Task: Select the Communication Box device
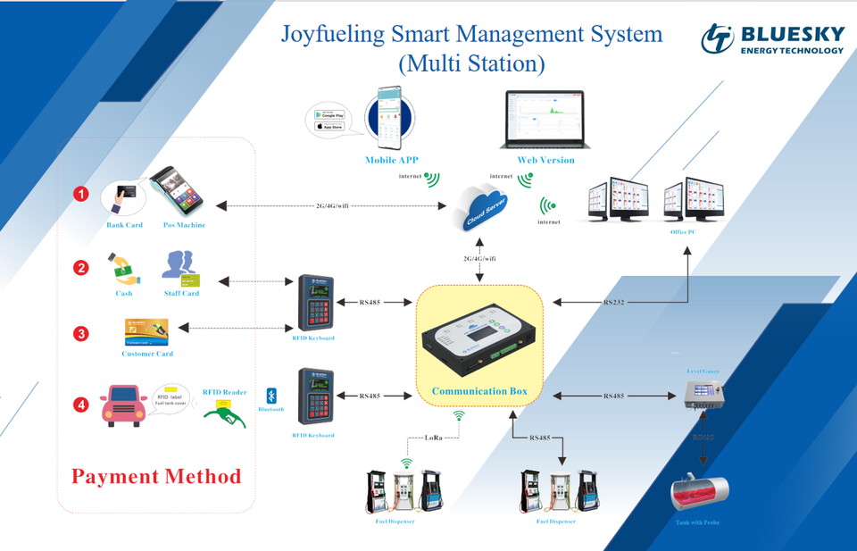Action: (x=479, y=338)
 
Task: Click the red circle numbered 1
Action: (x=81, y=194)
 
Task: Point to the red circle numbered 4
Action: (x=81, y=405)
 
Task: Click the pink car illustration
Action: (x=123, y=405)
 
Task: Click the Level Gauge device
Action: (x=703, y=394)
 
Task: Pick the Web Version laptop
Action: (x=545, y=121)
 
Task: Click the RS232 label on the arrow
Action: (x=614, y=303)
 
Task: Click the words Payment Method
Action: (x=156, y=476)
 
